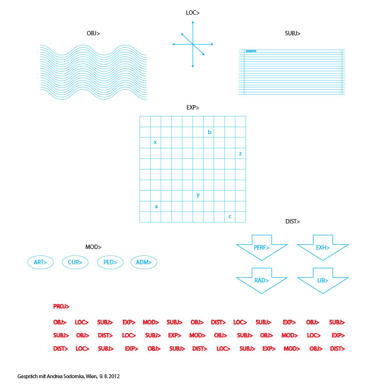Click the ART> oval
click(40, 262)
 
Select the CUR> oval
click(75, 262)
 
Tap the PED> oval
click(110, 262)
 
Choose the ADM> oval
click(143, 262)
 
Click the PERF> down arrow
click(262, 247)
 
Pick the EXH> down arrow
click(323, 247)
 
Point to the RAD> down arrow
click(262, 280)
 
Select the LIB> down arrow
click(323, 280)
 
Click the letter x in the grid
click(155, 142)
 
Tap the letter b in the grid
click(210, 132)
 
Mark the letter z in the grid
click(240, 153)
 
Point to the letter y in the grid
click(198, 195)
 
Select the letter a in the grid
click(156, 206)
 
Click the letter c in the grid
click(230, 217)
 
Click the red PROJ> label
click(61, 306)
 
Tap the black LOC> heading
click(193, 13)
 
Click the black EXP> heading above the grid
click(193, 108)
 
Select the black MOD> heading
click(93, 247)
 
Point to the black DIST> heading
click(292, 222)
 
